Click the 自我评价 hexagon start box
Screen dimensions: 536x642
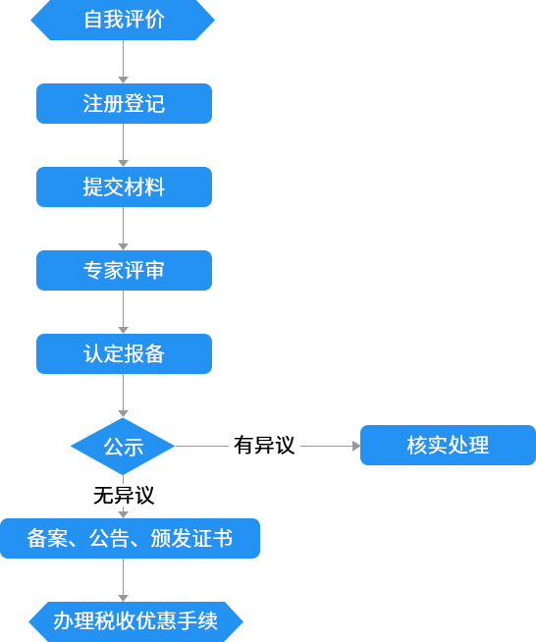[x=123, y=20]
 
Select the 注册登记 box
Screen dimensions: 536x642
[x=124, y=104]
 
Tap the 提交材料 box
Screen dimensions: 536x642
[x=124, y=187]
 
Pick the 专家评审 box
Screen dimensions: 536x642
[x=124, y=271]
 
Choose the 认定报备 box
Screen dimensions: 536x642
[x=124, y=353]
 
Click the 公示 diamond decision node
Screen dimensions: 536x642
[x=123, y=447]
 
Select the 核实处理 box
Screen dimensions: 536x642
[x=448, y=445]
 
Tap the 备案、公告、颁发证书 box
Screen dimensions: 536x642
[x=130, y=538]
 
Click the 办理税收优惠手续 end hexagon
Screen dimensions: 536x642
[x=135, y=621]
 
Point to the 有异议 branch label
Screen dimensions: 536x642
[x=264, y=445]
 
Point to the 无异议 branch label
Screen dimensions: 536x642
[x=124, y=496]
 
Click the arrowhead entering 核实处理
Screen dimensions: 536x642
[x=356, y=446]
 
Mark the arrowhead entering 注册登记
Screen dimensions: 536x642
[x=124, y=80]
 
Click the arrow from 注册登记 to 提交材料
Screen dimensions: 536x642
[x=124, y=145]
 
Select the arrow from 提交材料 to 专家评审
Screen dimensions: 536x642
[x=124, y=229]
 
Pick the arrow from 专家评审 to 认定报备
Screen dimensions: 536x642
[x=124, y=312]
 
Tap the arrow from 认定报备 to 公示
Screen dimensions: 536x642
[x=124, y=396]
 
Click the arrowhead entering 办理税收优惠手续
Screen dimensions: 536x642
[x=124, y=598]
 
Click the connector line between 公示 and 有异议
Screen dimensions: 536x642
[x=202, y=446]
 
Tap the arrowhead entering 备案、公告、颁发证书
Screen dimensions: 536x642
[x=124, y=514]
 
